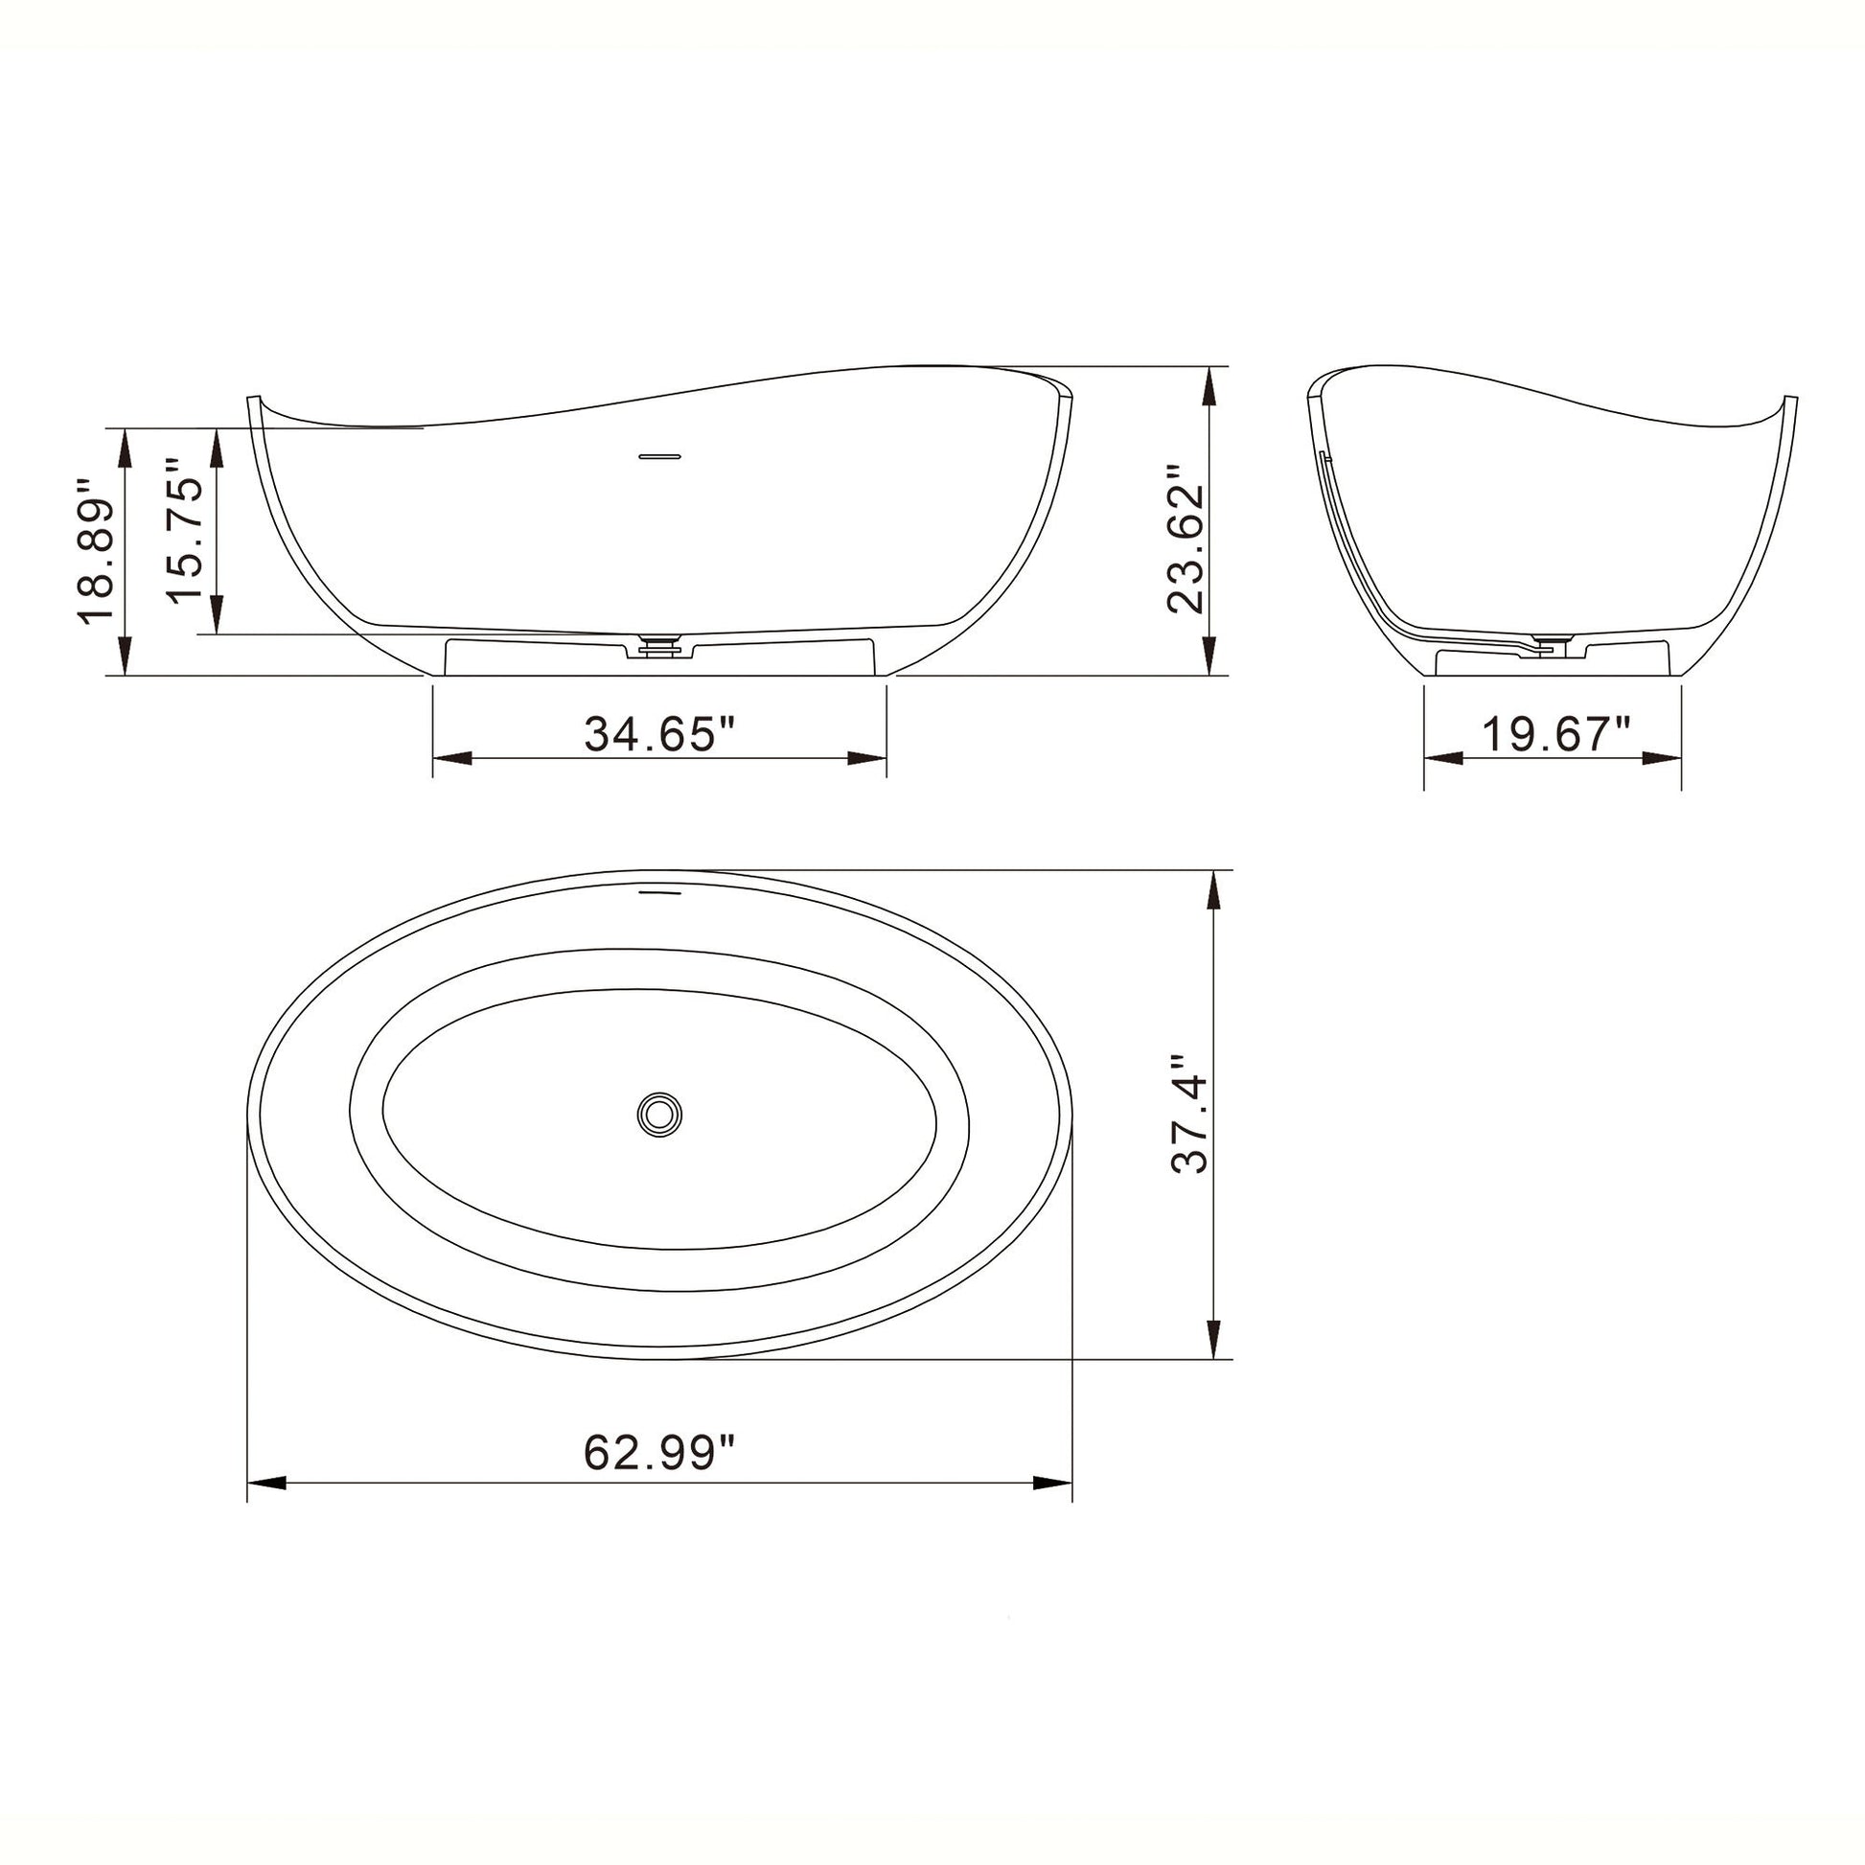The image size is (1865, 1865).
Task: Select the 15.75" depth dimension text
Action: [x=185, y=531]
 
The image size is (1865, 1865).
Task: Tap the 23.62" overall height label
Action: [x=1185, y=541]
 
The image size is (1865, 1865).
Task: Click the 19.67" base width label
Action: [x=1555, y=734]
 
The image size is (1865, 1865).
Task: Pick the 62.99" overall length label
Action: [x=659, y=1451]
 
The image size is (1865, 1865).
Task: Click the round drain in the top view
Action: [x=659, y=1114]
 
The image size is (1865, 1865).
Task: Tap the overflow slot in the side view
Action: [x=660, y=454]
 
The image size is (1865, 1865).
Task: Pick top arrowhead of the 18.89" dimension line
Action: [x=124, y=446]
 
